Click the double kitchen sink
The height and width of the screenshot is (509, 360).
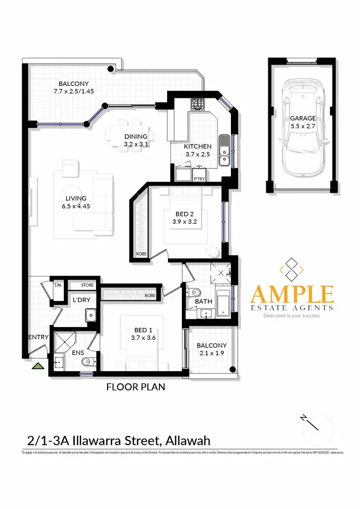[224, 149]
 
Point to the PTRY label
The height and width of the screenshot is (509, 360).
[199, 178]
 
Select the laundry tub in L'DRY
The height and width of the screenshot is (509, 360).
[90, 315]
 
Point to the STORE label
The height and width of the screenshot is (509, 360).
[87, 285]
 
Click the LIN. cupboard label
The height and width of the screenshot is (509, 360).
[58, 285]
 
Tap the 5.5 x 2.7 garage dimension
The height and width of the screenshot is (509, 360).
[302, 126]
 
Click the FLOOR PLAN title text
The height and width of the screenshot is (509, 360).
[135, 387]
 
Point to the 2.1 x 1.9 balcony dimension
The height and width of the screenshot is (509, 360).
[211, 353]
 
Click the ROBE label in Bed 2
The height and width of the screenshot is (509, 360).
[141, 254]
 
